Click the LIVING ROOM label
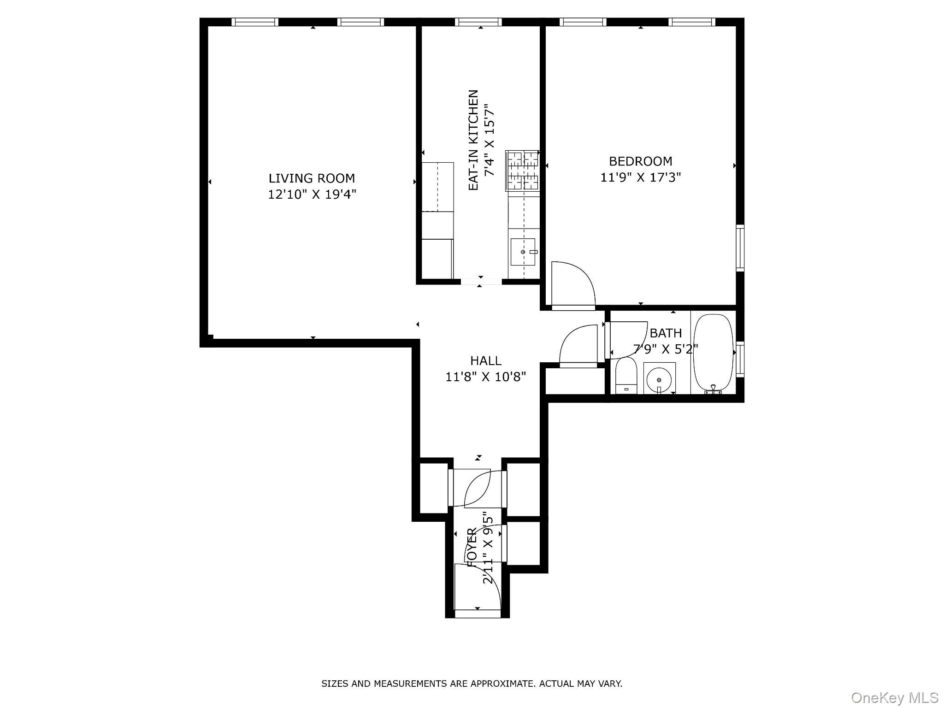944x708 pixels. click(312, 178)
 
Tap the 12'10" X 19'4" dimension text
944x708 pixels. click(312, 195)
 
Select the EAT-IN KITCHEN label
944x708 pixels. click(473, 140)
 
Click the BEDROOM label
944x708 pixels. click(640, 161)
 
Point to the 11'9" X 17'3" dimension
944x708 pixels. click(640, 177)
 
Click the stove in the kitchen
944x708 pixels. click(523, 171)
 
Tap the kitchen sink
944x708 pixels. click(523, 252)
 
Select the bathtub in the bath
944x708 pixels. click(713, 352)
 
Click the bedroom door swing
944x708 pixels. click(572, 283)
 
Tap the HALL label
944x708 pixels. click(485, 360)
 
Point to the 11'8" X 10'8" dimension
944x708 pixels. click(485, 377)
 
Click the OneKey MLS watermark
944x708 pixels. click(894, 697)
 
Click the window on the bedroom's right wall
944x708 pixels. click(739, 248)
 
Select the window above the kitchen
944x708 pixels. click(478, 22)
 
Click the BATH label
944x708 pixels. click(665, 333)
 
